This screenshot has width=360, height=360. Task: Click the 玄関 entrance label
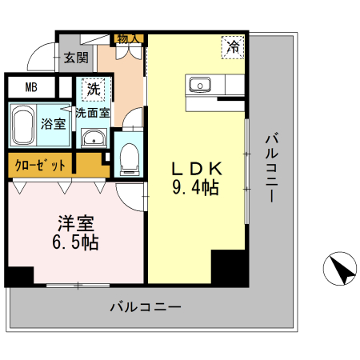(78, 58)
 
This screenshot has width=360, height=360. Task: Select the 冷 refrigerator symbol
(232, 48)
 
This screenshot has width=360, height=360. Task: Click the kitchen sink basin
(198, 85)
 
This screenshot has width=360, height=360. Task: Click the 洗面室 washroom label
(93, 113)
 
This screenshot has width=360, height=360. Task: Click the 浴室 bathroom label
(53, 125)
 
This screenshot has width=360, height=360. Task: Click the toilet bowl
(128, 159)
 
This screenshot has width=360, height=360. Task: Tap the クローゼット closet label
(41, 166)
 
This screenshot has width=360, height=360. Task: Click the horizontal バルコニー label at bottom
(145, 306)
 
